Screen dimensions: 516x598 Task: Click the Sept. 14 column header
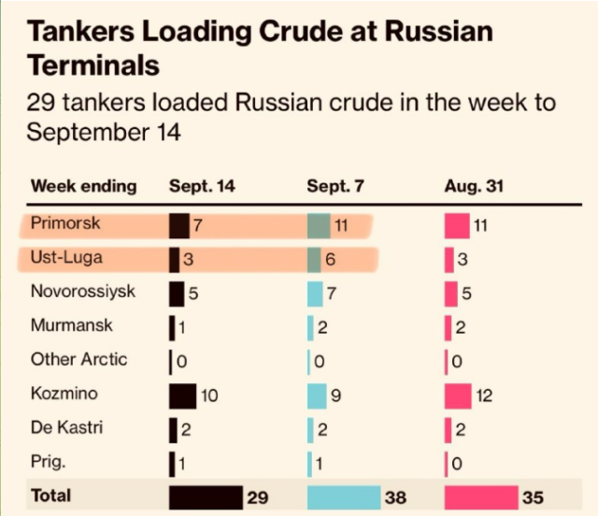point(202,186)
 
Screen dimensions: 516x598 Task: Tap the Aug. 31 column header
point(474,186)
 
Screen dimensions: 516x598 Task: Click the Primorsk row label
point(65,224)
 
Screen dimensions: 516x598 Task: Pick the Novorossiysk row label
point(83,292)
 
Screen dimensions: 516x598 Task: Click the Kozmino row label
point(64,394)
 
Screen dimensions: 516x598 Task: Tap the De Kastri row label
point(67,428)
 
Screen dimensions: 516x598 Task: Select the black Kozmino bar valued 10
point(182,395)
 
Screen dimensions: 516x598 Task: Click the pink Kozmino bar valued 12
point(458,395)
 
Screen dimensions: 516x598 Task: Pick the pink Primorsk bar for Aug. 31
point(457,225)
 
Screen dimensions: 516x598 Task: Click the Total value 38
point(395,497)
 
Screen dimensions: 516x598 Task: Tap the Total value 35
point(533,497)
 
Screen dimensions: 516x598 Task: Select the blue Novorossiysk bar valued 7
point(315,293)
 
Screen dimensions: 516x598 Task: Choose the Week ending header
point(84,186)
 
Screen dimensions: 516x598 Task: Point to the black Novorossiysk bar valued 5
point(177,293)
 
